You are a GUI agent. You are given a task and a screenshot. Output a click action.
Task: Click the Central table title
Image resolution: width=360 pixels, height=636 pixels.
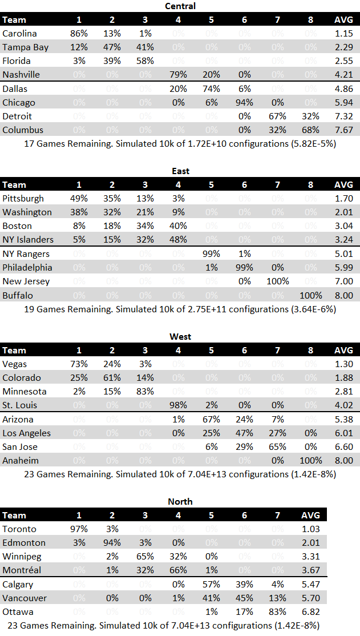click(180, 6)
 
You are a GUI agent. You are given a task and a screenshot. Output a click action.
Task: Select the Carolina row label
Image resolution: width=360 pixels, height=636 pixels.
click(19, 34)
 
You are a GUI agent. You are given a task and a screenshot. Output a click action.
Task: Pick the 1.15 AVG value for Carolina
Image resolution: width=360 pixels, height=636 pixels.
click(343, 34)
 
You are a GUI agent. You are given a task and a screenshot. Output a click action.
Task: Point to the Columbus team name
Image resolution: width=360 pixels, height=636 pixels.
click(22, 130)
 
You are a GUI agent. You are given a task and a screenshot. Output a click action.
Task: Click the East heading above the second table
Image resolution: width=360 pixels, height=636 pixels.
click(180, 171)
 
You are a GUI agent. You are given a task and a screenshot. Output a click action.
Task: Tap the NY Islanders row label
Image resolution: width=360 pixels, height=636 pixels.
click(28, 240)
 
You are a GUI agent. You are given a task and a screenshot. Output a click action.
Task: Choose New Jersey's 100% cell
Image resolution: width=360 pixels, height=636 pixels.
click(278, 281)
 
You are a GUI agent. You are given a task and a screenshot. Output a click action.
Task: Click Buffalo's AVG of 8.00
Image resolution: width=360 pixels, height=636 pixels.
click(343, 296)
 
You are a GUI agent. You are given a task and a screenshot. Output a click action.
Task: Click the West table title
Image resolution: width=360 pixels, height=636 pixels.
click(180, 336)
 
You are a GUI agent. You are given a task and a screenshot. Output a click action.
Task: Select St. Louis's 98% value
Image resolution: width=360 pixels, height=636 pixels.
click(178, 405)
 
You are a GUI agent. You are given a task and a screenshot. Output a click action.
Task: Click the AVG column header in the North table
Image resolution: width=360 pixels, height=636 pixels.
click(310, 516)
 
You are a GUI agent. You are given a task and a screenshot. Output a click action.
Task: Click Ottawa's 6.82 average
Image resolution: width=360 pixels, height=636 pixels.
click(310, 612)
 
